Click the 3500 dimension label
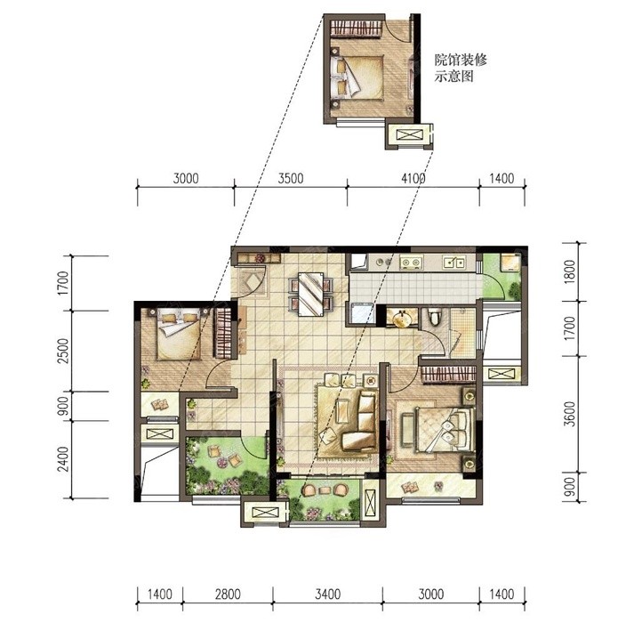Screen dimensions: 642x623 tap(291, 179)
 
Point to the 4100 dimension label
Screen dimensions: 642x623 tap(413, 179)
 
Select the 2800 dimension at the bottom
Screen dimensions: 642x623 tap(228, 594)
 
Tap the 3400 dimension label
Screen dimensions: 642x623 tap(327, 594)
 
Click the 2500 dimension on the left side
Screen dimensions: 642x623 tap(64, 351)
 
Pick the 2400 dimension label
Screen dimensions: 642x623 tap(64, 459)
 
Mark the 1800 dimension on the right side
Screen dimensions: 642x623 tap(569, 272)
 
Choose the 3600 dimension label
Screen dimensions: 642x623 tap(569, 414)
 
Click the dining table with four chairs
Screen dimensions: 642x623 tap(310, 294)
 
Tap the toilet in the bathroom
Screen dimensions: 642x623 tap(433, 318)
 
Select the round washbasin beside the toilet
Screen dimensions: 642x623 tap(402, 319)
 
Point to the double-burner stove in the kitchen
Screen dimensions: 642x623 tap(411, 263)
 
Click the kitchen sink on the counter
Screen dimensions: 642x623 tap(454, 263)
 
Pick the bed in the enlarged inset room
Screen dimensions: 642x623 tap(357, 77)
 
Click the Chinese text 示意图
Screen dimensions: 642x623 tap(454, 77)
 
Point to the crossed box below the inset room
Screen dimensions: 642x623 tap(409, 135)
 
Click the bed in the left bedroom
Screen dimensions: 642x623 tap(180, 334)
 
